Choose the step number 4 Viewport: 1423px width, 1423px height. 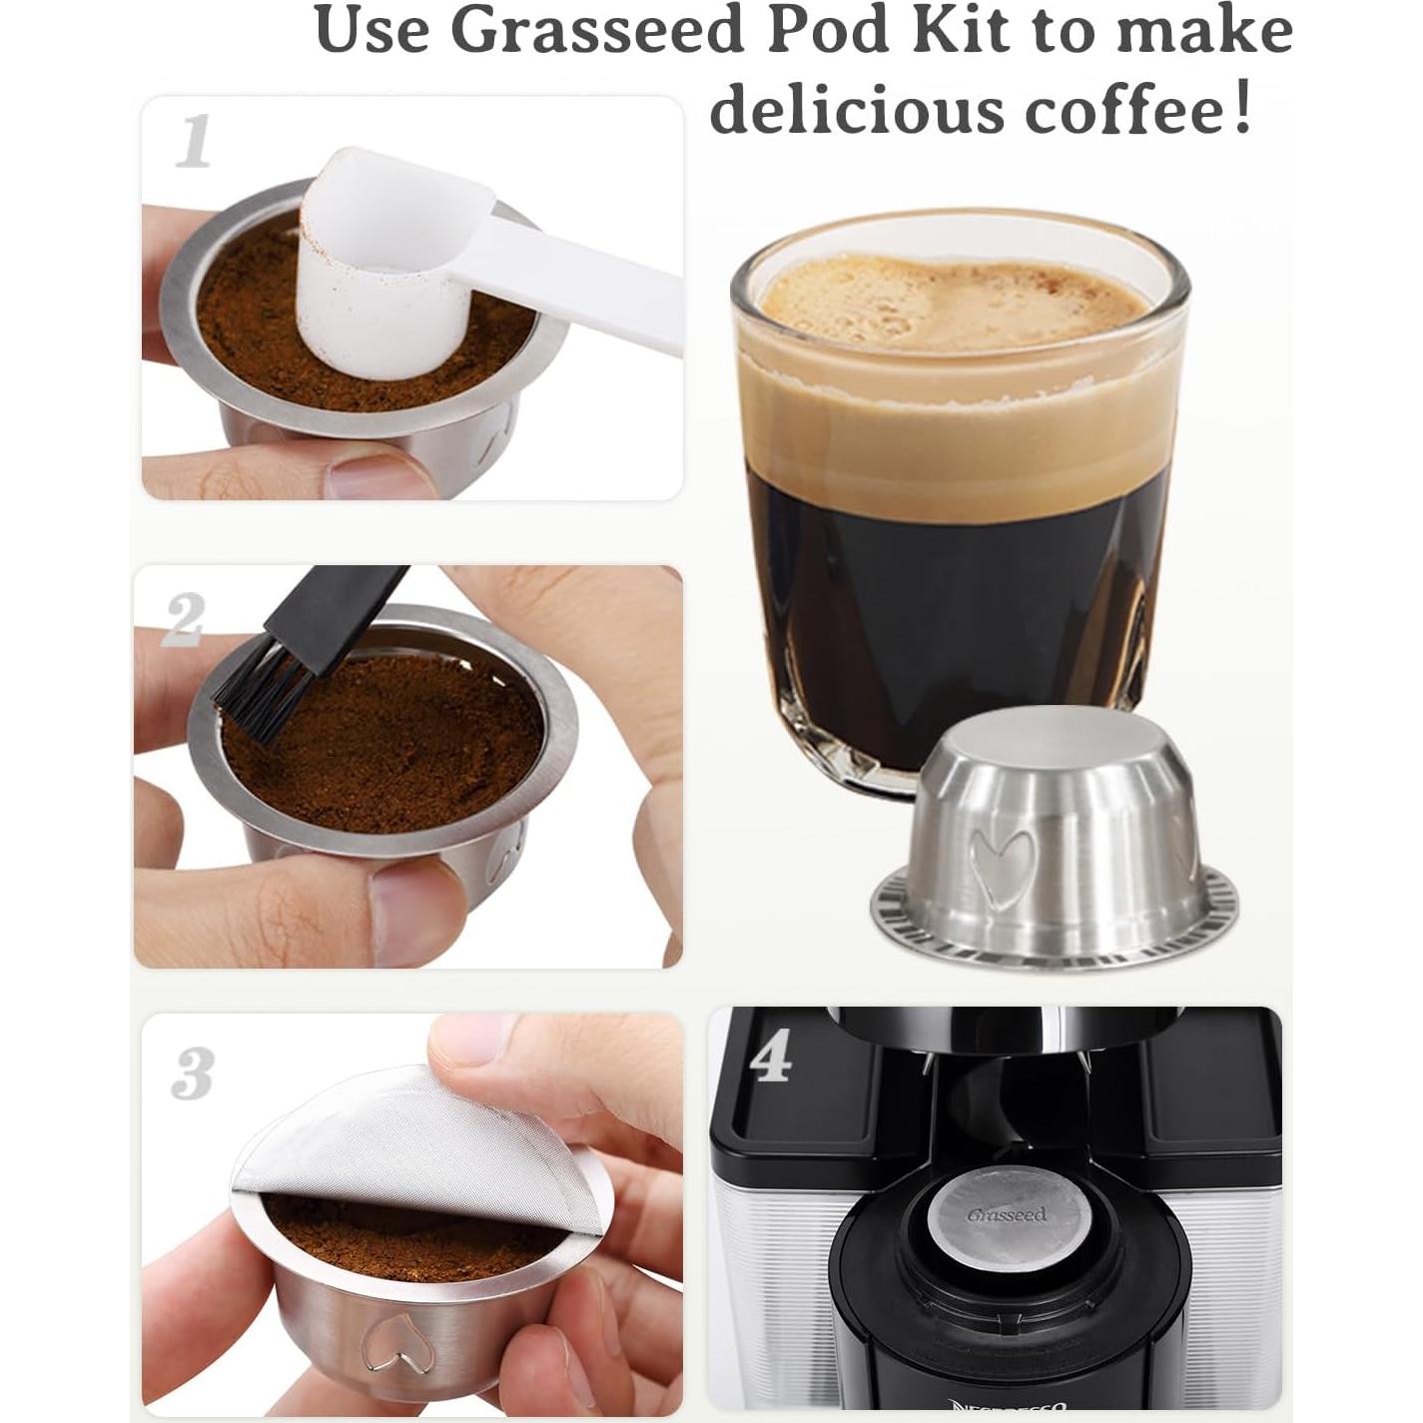pos(770,1058)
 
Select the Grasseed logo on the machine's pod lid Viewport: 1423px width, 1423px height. pos(1007,1214)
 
